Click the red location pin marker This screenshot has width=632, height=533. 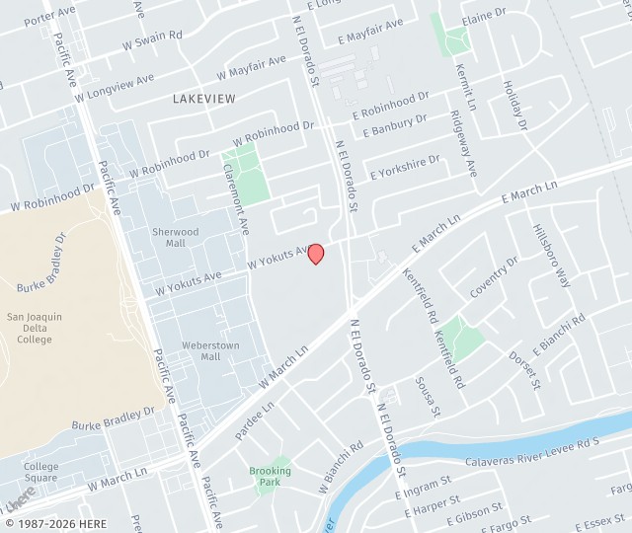point(316,254)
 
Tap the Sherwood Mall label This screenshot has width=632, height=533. point(175,238)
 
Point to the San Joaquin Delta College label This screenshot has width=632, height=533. point(35,328)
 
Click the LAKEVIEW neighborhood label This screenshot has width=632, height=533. point(203,99)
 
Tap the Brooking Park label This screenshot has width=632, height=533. point(270,478)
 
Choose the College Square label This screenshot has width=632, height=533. point(40,472)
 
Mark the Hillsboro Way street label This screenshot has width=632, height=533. point(552,254)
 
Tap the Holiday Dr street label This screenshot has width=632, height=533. point(514,105)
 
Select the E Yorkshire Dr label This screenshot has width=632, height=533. point(405,167)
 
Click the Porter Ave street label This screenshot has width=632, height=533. point(49,15)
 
